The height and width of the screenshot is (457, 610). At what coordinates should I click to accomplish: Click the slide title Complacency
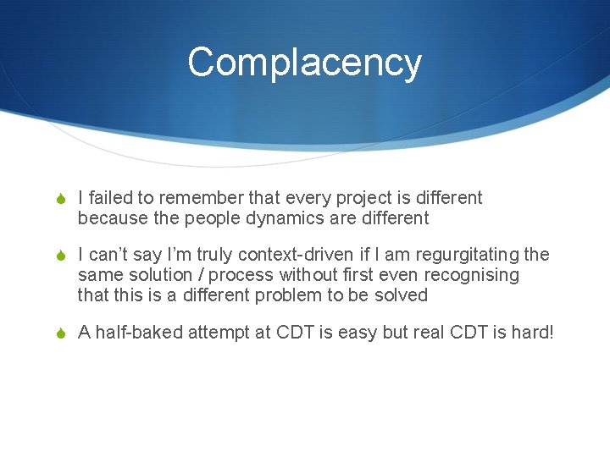pos(304,63)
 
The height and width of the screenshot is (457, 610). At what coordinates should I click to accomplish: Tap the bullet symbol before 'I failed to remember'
pos(62,199)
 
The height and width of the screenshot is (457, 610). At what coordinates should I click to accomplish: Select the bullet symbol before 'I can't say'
pos(62,256)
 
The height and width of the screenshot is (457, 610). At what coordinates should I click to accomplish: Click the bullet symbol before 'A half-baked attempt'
pos(62,333)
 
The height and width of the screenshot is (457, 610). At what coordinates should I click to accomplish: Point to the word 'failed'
pos(110,198)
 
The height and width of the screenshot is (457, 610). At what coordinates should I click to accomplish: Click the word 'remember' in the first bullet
pos(200,198)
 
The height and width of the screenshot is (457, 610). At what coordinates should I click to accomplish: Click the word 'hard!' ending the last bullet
pos(530,333)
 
